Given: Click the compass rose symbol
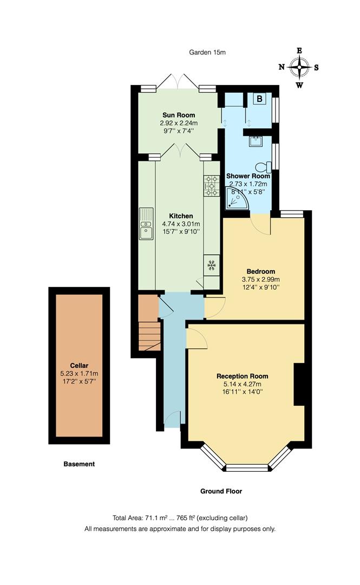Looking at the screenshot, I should [x=299, y=68].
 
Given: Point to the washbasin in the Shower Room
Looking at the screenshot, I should [x=256, y=141].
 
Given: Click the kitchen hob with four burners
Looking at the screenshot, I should [x=212, y=185].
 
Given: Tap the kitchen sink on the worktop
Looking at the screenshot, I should [x=146, y=224].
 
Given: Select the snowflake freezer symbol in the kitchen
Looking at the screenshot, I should [x=212, y=265].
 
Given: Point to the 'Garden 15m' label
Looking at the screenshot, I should [x=207, y=53].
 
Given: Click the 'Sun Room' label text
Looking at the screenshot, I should [x=179, y=115].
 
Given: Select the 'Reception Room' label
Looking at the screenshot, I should [x=242, y=376].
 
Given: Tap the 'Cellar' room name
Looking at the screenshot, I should [x=79, y=365].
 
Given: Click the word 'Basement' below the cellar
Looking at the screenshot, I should [x=79, y=464].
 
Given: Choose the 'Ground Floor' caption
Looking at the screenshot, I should [x=221, y=491].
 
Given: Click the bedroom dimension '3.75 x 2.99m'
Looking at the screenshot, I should [x=261, y=279].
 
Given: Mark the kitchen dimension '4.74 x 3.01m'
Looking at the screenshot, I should [x=181, y=224].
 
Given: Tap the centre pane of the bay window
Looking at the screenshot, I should [x=247, y=467].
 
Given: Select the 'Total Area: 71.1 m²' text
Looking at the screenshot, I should [x=146, y=518].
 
